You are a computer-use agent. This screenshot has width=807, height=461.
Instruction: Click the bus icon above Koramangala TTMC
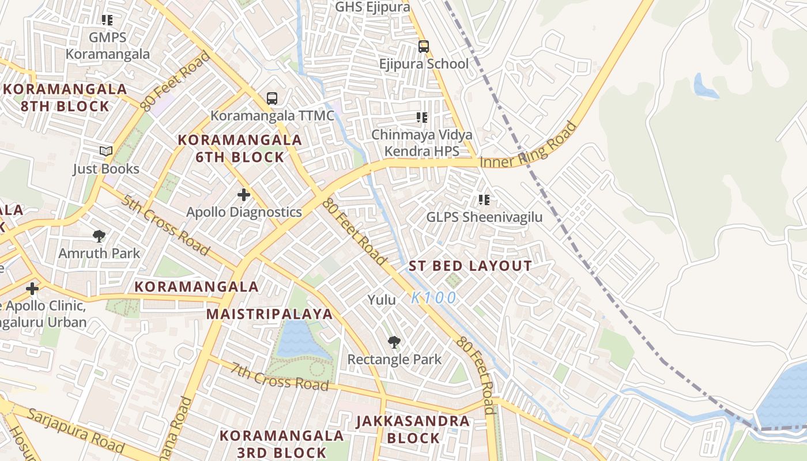coord(272,99)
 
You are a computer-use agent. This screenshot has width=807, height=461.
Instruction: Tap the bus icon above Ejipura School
coord(424,47)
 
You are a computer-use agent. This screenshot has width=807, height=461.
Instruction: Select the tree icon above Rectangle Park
coord(394,343)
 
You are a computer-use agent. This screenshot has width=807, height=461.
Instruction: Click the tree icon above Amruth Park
coord(99,236)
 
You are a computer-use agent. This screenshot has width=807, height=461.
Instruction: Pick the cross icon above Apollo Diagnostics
coord(244,195)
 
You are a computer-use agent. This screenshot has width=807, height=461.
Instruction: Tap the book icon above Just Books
coord(106,152)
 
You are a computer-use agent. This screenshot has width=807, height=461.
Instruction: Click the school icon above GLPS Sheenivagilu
coord(484,200)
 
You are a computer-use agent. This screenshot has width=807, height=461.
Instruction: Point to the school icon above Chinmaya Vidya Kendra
coord(422,118)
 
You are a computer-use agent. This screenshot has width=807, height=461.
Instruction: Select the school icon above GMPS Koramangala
coord(107,20)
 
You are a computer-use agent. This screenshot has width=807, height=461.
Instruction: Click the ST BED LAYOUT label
coord(470,266)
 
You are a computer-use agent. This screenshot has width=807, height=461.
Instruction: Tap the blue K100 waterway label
coord(434,298)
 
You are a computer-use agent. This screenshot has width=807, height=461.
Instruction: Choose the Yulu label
coord(382,300)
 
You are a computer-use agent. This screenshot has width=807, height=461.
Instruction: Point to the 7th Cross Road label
coord(280,376)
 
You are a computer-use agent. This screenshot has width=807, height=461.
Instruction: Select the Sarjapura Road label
coord(76,430)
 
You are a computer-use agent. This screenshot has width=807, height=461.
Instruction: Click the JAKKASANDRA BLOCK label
coord(413,429)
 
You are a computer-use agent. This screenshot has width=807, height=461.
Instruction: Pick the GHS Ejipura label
coord(372,7)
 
